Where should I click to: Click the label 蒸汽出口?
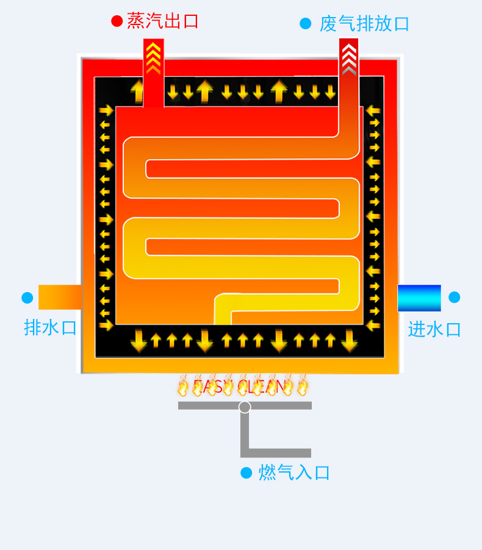coord(163,21)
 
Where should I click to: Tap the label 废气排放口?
coord(364,24)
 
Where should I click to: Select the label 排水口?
coord(51,327)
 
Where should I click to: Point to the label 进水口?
coord(434,329)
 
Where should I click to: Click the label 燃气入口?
coord(294,473)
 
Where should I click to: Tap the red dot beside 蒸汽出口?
coord(117,21)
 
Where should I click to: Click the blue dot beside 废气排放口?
coord(306,24)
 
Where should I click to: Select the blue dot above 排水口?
coord(27,298)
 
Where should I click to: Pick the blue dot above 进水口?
coord(454,298)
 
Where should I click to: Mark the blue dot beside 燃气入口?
coord(246,473)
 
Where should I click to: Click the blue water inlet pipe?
coord(419,298)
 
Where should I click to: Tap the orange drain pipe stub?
coord(60,297)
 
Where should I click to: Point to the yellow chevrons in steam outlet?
coord(153,58)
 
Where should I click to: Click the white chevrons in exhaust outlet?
coord(348,58)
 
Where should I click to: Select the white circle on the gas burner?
coord(245,407)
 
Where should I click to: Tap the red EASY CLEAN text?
coord(239,386)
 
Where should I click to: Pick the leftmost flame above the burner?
coord(183,386)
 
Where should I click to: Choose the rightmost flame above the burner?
coord(302,386)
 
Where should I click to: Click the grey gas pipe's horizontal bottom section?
coord(278,453)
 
